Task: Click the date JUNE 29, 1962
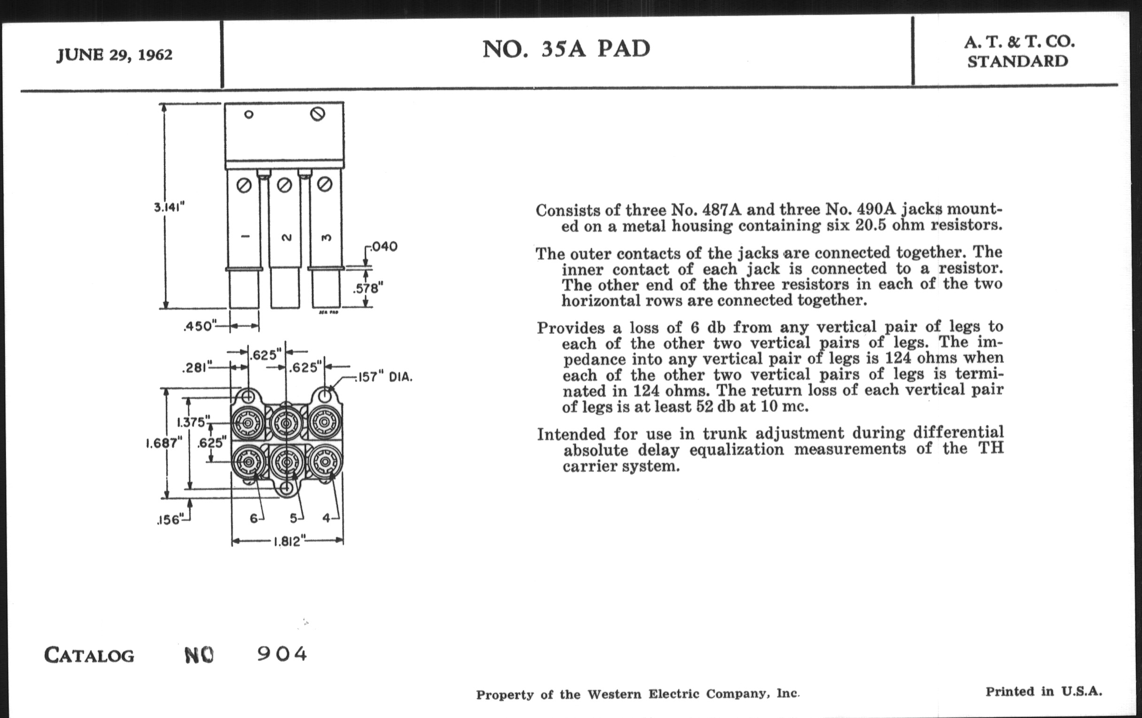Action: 114,55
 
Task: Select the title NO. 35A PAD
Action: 566,49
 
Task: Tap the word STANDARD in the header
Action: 1018,61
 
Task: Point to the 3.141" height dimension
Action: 169,207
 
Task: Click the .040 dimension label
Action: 384,246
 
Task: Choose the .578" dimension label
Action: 368,288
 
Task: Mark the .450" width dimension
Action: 200,326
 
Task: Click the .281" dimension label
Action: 196,367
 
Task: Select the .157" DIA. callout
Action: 384,377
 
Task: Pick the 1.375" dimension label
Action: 193,422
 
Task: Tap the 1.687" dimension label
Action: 163,443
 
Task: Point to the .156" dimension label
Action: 169,520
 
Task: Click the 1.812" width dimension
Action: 287,541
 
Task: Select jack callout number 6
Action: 254,519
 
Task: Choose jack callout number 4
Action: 326,518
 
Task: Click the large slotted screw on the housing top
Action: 317,114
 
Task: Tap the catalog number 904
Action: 282,654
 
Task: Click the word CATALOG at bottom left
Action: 89,656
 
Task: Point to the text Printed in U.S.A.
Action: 1043,691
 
